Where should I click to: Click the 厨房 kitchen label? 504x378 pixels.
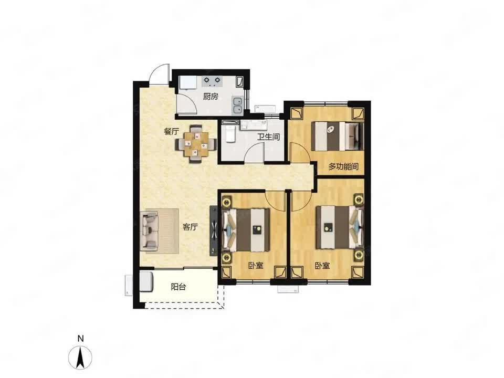[211, 97]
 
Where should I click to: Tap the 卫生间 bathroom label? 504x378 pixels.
[268, 137]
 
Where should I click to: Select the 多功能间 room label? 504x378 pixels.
[343, 166]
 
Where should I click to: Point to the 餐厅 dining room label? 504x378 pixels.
[171, 131]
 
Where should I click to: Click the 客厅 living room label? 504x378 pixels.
[190, 227]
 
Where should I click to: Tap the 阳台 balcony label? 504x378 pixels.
[178, 287]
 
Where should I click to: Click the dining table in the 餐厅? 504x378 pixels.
[196, 144]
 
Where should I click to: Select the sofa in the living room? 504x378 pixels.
[150, 231]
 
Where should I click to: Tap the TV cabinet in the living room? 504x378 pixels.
[214, 231]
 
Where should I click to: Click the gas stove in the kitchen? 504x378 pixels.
[212, 81]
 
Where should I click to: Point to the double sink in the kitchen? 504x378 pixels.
[237, 106]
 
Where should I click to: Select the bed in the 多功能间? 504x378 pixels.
[339, 136]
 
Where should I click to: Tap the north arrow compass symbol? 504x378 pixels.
[81, 357]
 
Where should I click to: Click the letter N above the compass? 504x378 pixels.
[81, 339]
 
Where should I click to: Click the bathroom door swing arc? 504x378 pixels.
[254, 152]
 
